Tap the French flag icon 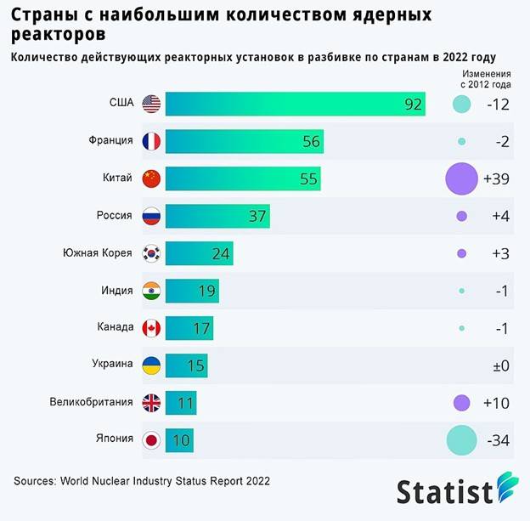(152, 141)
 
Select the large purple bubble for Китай (462, 179)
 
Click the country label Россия (115, 216)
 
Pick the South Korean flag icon (152, 253)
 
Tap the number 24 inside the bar (221, 253)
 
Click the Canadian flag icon (152, 327)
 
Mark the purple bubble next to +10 (462, 402)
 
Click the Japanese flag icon (152, 439)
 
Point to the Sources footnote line (142, 481)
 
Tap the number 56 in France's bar (311, 142)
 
